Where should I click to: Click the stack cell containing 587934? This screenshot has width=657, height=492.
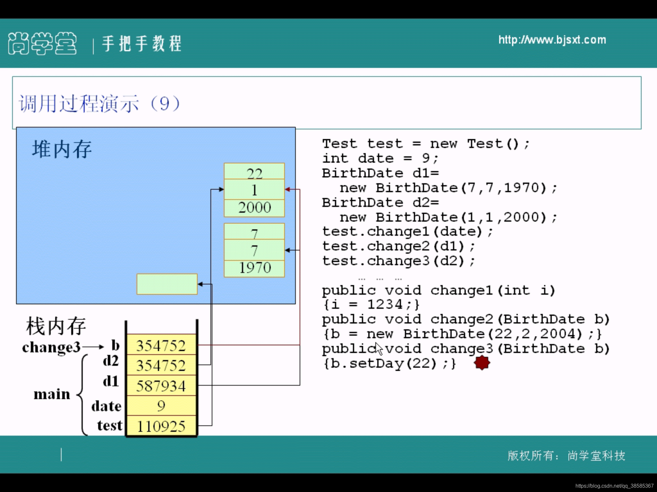[x=161, y=386]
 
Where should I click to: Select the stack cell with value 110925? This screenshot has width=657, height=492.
[x=161, y=426]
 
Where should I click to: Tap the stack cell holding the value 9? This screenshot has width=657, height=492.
[x=161, y=406]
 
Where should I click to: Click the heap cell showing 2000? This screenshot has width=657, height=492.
[x=254, y=208]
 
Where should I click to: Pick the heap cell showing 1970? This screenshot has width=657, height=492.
[x=254, y=268]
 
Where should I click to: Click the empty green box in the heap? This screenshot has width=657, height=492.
[x=167, y=284]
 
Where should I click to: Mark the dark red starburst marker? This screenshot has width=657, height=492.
[x=482, y=363]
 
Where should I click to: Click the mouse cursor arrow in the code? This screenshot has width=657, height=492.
[x=379, y=348]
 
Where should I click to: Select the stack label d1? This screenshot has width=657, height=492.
[x=111, y=381]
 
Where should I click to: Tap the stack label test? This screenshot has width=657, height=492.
[x=110, y=425]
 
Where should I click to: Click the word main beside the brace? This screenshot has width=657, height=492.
[x=52, y=394]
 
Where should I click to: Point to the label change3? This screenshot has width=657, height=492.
[x=51, y=347]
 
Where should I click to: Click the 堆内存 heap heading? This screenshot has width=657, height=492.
[x=62, y=149]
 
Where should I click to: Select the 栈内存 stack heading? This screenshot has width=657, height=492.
[x=56, y=326]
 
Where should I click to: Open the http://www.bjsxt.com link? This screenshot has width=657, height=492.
[x=552, y=40]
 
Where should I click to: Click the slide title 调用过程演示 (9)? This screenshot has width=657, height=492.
[x=99, y=103]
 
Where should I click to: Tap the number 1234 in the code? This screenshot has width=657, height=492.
[x=385, y=304]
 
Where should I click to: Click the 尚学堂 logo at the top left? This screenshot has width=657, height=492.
[x=42, y=43]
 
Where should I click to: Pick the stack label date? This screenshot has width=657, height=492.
[x=107, y=406]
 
